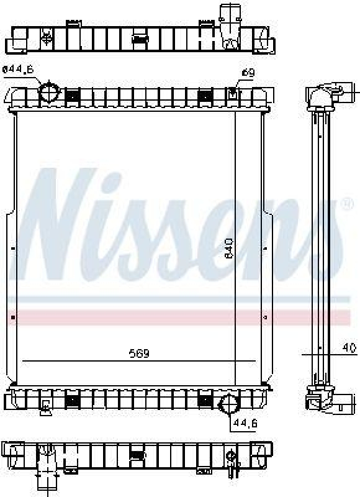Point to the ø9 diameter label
tap(248, 73)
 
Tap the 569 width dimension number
tap(139, 353)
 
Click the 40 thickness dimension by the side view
tap(349, 347)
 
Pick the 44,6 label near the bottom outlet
tap(244, 424)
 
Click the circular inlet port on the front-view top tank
tap(48, 93)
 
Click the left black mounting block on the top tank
tap(73, 95)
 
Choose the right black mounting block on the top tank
tap(205, 95)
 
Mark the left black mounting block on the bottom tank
tap(73, 399)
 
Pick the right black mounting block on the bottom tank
tap(205, 399)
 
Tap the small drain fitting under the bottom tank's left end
tap(46, 408)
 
